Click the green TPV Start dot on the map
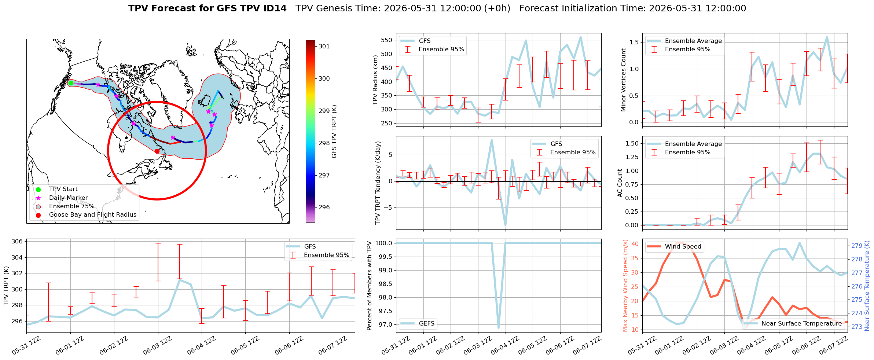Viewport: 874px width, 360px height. pyautogui.click(x=71, y=83)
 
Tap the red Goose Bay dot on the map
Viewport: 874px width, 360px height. pyautogui.click(x=157, y=151)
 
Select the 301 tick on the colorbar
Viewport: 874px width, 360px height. pyautogui.click(x=324, y=46)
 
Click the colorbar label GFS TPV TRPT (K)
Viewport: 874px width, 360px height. pyautogui.click(x=334, y=132)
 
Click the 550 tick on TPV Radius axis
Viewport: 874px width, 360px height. pyautogui.click(x=387, y=40)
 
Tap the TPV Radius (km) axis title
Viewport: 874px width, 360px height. pyautogui.click(x=375, y=80)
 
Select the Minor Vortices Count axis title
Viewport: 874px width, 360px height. pyautogui.click(x=624, y=80)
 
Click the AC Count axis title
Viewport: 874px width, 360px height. pyautogui.click(x=620, y=183)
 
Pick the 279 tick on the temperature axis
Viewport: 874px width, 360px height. pyautogui.click(x=857, y=246)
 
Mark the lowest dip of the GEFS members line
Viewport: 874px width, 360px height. pyautogui.click(x=499, y=328)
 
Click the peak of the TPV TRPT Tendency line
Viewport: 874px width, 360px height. pyautogui.click(x=492, y=140)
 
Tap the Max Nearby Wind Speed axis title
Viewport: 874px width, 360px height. pyautogui.click(x=625, y=286)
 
